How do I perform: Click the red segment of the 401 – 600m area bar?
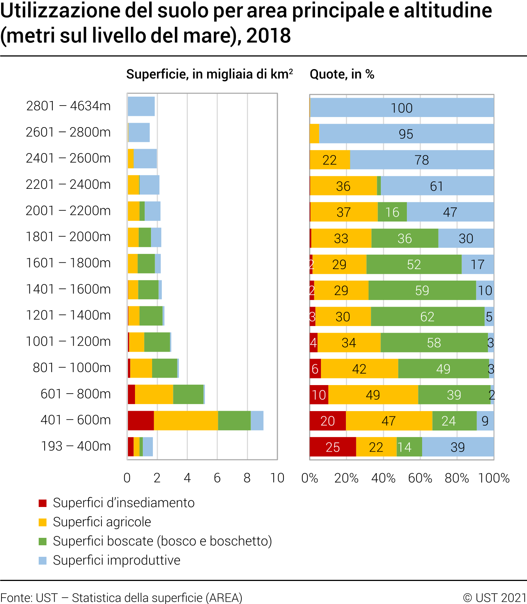(x=141, y=420)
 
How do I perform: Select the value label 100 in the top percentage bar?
(x=402, y=108)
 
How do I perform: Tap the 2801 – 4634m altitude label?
(x=68, y=106)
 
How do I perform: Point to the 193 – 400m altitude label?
(x=76, y=446)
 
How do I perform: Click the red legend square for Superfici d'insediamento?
(x=43, y=503)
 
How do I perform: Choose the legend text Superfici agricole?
(x=102, y=522)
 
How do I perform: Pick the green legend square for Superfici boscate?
(x=43, y=541)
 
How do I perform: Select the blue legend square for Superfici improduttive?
(x=43, y=561)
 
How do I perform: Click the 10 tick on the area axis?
(x=277, y=478)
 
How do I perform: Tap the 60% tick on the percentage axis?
(x=420, y=478)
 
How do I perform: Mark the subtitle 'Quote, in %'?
(x=342, y=74)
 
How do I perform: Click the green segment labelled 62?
(x=427, y=316)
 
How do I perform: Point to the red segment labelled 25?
(x=332, y=447)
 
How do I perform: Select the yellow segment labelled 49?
(x=373, y=394)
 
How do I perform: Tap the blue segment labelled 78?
(x=422, y=160)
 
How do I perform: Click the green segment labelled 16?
(x=392, y=212)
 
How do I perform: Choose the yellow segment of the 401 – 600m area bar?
(x=186, y=420)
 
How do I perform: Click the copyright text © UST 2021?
(x=494, y=598)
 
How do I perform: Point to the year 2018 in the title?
(x=269, y=36)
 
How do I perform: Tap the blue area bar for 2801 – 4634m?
(x=141, y=106)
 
